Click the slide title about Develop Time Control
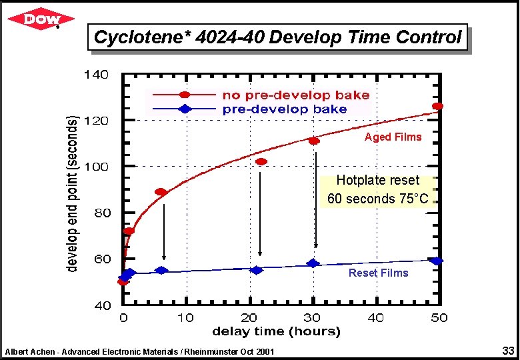(x=277, y=37)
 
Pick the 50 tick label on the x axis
(x=439, y=318)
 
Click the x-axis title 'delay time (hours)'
(x=276, y=331)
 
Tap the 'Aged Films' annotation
(x=393, y=137)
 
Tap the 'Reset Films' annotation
(x=378, y=273)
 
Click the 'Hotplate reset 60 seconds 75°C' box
(x=378, y=190)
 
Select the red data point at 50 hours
(x=437, y=106)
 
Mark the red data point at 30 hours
(x=313, y=141)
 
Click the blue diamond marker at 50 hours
(x=437, y=261)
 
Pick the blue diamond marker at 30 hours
(x=313, y=263)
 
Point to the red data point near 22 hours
(x=261, y=161)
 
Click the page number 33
(x=508, y=350)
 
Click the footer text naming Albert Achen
(x=139, y=351)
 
